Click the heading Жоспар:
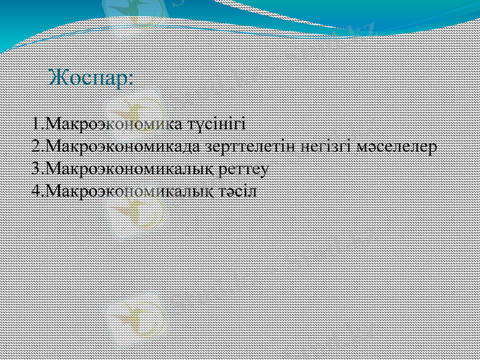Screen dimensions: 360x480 pyautogui.click(x=91, y=78)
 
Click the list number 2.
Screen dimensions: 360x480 pyautogui.click(x=36, y=146)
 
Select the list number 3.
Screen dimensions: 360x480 pyautogui.click(x=36, y=169)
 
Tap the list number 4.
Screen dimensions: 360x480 pyautogui.click(x=36, y=191)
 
